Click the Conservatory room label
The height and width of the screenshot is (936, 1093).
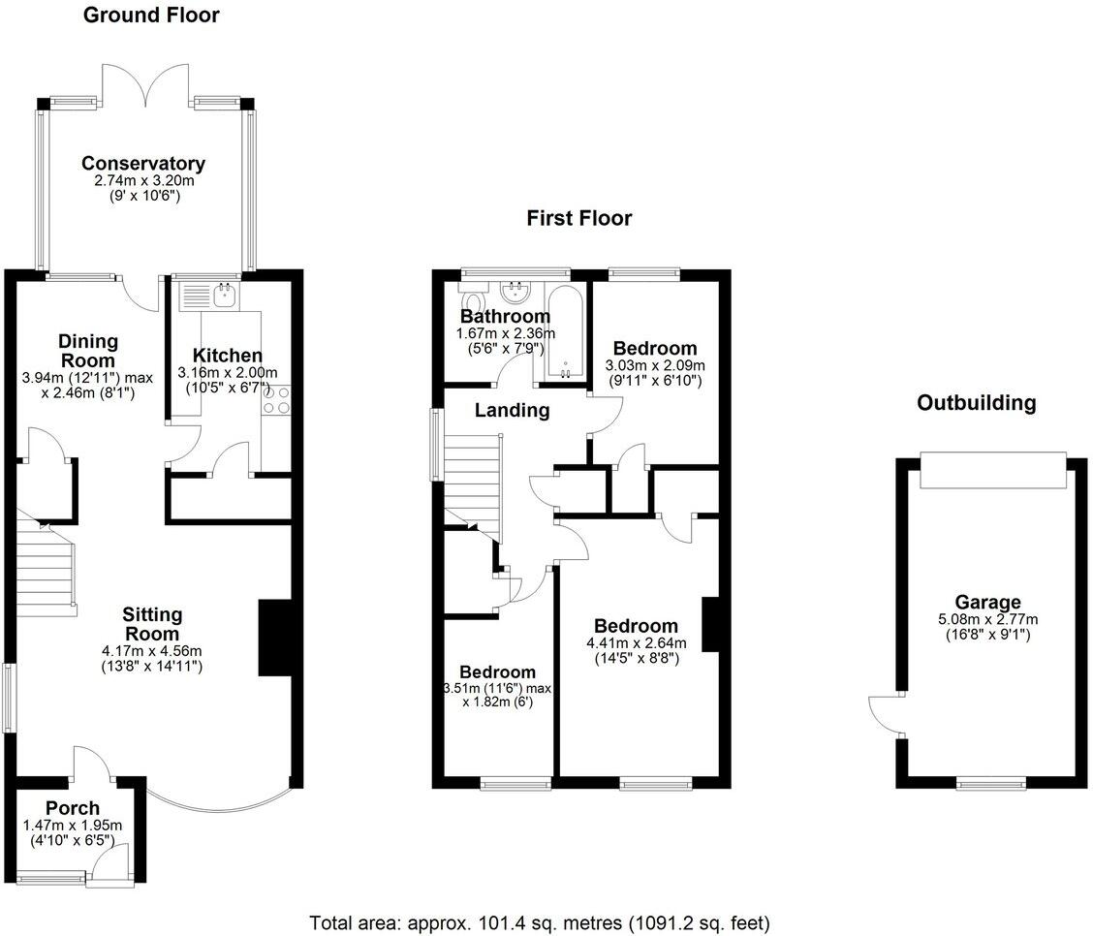coord(143,163)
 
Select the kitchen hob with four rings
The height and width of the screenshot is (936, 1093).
coord(276,399)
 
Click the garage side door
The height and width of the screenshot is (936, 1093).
coord(884,715)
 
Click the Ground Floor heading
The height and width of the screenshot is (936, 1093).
coord(151,16)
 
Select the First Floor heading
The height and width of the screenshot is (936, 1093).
coord(579,218)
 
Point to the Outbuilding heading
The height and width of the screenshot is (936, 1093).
coord(977,402)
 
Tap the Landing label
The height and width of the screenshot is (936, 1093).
coord(512,410)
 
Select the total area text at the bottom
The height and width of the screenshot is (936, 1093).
coord(540,922)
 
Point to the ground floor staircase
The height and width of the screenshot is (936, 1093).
coord(47,572)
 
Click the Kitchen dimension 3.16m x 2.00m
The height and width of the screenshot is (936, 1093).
coord(228,373)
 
